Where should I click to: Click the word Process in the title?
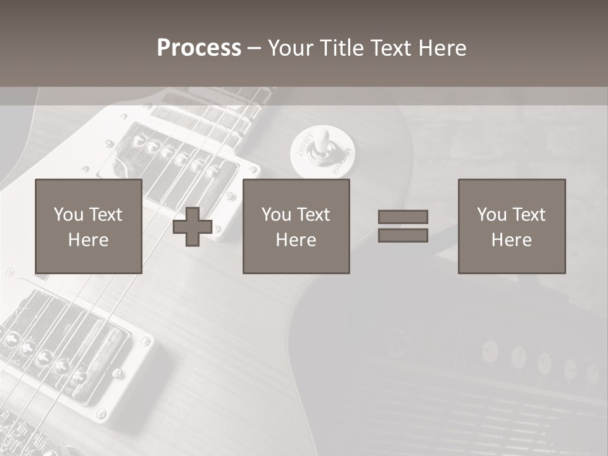tap(199, 48)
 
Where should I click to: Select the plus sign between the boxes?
tap(193, 227)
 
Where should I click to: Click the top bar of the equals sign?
tap(403, 217)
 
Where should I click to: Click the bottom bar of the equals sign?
tap(403, 236)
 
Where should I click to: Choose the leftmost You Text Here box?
tap(88, 226)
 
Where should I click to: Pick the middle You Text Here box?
tap(296, 226)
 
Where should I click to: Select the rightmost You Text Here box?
tap(511, 226)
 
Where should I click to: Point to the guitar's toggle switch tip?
tap(323, 137)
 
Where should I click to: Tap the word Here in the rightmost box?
tap(511, 239)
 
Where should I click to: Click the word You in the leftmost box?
tap(68, 214)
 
